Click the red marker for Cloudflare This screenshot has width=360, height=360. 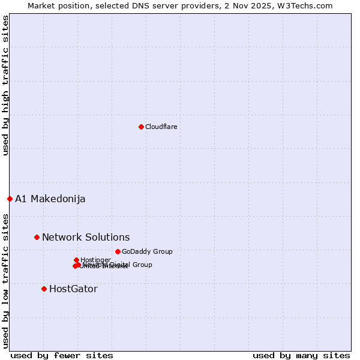(x=141, y=127)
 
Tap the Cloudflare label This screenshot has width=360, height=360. (x=161, y=127)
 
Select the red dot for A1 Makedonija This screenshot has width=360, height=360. (x=10, y=199)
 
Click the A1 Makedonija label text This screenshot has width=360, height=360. (x=50, y=199)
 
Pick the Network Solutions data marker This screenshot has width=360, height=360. (x=37, y=237)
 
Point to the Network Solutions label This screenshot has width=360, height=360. (x=86, y=237)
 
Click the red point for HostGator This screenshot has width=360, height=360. (x=44, y=289)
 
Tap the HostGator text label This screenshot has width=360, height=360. (x=73, y=289)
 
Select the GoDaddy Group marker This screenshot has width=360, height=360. (x=118, y=251)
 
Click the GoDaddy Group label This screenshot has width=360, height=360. (x=147, y=251)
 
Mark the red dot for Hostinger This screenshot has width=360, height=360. (x=76, y=260)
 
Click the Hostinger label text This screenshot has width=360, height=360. (x=95, y=260)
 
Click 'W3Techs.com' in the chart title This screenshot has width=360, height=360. (x=307, y=5)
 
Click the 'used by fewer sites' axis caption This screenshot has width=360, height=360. (x=62, y=355)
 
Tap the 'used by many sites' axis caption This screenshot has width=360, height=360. (x=301, y=355)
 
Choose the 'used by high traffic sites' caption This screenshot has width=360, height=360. (x=5, y=85)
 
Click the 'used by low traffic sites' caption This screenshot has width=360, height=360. (x=5, y=280)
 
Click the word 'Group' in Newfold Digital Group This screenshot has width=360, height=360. (x=142, y=265)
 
